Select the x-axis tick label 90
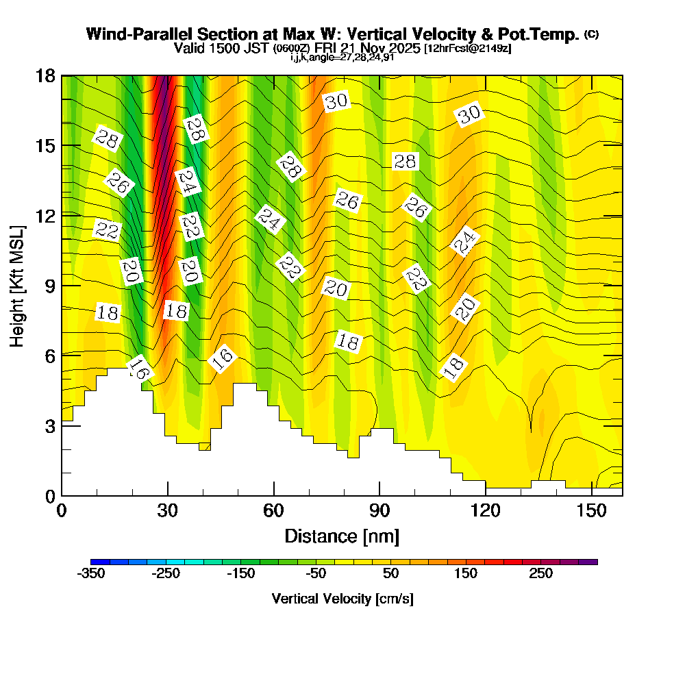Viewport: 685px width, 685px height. [379, 511]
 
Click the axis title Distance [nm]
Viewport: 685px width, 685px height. [342, 536]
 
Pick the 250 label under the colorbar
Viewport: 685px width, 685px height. [541, 574]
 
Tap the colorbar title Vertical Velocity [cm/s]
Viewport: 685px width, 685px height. [342, 599]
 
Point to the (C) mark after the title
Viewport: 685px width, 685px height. [591, 34]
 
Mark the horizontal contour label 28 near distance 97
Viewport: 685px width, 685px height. [405, 162]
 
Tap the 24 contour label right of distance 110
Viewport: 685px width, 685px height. [465, 242]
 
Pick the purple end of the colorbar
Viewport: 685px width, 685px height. [592, 562]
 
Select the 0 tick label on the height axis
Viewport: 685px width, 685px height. [49, 495]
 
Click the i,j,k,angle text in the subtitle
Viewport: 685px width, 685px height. [342, 57]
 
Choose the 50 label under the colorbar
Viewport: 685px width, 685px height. [392, 574]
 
